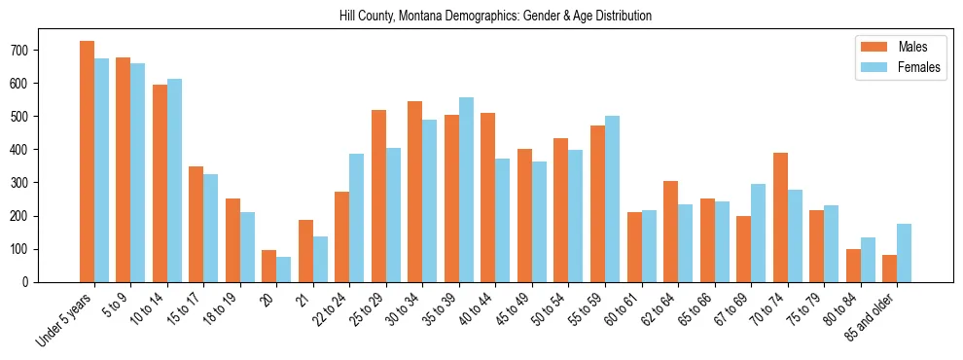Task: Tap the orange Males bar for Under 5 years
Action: pyautogui.click(x=87, y=162)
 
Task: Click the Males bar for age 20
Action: pyautogui.click(x=269, y=266)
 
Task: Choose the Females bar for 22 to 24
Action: pyautogui.click(x=357, y=218)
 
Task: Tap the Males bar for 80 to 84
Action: pyautogui.click(x=853, y=266)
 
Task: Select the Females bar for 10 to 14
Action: pyautogui.click(x=174, y=180)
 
